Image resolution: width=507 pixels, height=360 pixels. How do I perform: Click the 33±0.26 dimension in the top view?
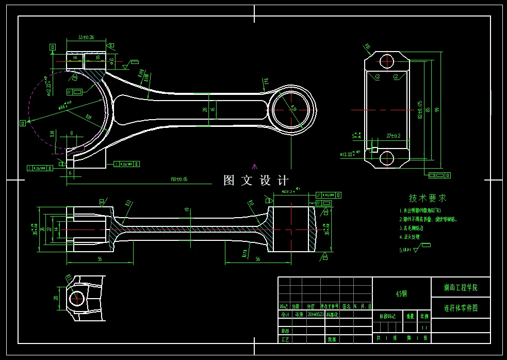(x=86, y=38)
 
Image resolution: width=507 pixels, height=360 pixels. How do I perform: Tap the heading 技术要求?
(x=428, y=198)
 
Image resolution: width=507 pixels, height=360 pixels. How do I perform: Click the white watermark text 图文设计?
(x=256, y=181)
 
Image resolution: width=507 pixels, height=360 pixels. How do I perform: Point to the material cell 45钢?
(x=401, y=293)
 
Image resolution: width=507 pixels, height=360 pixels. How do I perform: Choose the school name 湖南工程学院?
(x=461, y=287)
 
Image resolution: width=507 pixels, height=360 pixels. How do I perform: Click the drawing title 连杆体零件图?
(x=461, y=308)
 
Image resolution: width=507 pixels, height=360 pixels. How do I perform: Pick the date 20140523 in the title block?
(x=316, y=314)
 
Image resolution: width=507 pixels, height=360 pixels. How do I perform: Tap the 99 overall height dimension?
(x=436, y=110)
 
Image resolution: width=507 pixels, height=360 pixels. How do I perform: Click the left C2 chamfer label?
(x=378, y=77)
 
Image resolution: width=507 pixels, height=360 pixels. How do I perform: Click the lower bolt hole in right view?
(x=387, y=158)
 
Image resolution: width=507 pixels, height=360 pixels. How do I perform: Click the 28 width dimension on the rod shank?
(x=205, y=109)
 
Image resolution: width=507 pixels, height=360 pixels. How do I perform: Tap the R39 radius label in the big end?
(x=88, y=117)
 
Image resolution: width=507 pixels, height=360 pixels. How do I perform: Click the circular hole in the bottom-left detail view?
(x=77, y=298)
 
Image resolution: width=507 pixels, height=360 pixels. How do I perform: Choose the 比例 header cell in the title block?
(x=424, y=316)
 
